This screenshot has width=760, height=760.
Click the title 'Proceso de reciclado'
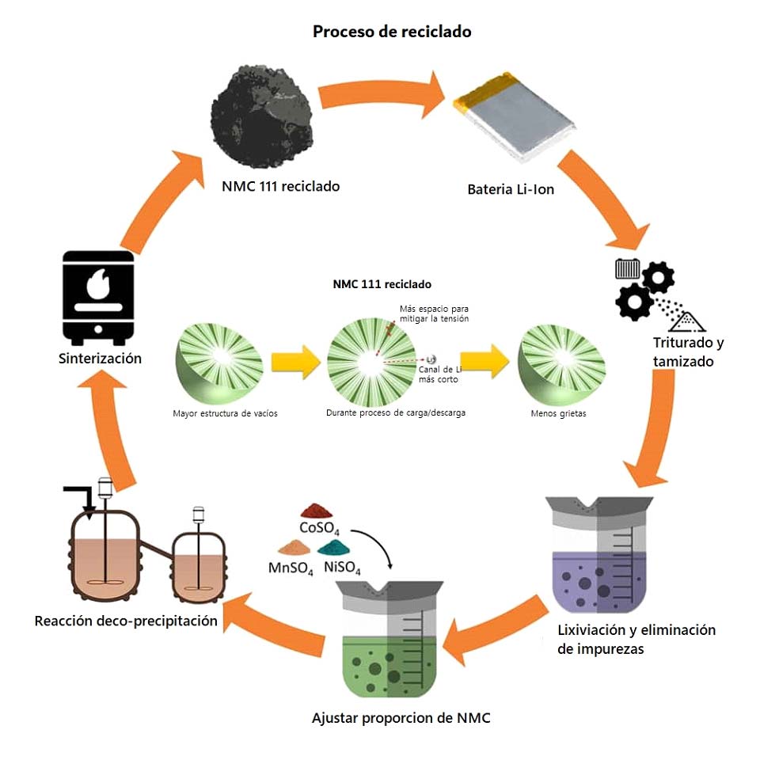pos(392,32)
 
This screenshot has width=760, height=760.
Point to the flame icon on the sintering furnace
pos(98,285)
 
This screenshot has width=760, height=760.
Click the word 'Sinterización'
pos(100,358)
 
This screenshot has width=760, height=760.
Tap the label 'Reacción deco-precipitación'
pos(126,621)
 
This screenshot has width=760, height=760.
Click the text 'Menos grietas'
pos(560,413)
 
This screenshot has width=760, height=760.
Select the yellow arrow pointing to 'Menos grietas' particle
pos(483,363)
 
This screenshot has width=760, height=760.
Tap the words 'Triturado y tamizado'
pos(688,351)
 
